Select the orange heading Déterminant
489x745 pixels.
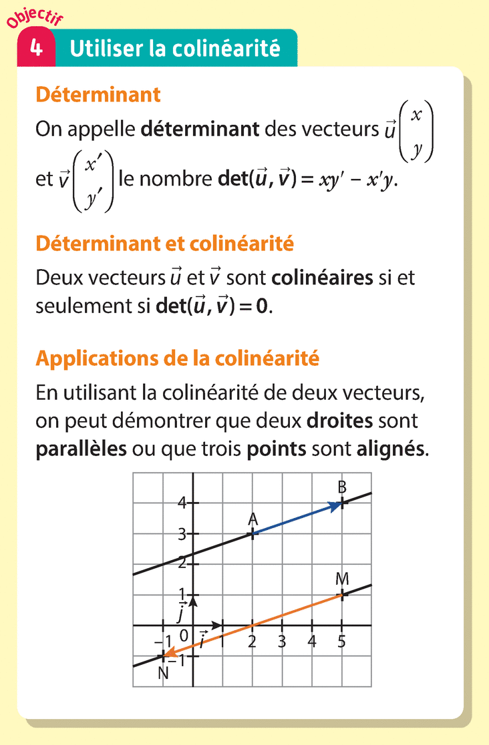coord(98,95)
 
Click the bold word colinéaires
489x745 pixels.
coord(323,277)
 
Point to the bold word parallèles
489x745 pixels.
coord(81,448)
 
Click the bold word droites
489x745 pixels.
coord(339,421)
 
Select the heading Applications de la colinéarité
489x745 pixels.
coord(177,359)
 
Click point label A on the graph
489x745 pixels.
coord(253,519)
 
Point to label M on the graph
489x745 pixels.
coord(343,579)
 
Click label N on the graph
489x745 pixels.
coord(163,673)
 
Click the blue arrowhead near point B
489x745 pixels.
coord(335,507)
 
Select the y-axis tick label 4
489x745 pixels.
coord(181,503)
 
